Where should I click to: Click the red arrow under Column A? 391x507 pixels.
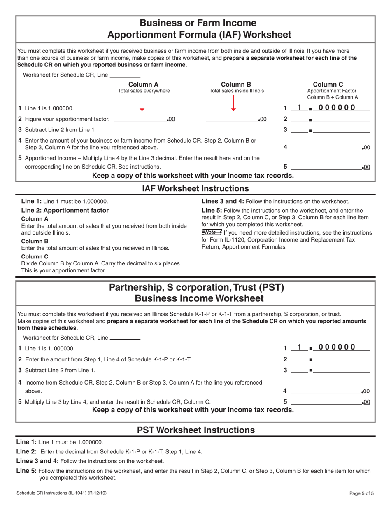142,103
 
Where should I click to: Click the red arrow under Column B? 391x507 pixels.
233,103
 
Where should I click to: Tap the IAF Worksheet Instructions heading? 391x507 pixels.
195,188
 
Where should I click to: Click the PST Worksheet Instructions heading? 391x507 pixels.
195,430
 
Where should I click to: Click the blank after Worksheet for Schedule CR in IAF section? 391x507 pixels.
125,75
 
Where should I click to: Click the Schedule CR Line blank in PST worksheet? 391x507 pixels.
125,338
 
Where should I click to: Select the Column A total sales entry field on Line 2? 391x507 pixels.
140,119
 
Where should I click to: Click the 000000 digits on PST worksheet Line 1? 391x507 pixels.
337,347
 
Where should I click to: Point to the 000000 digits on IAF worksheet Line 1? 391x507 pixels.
337,108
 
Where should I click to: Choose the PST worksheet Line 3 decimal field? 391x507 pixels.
341,370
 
